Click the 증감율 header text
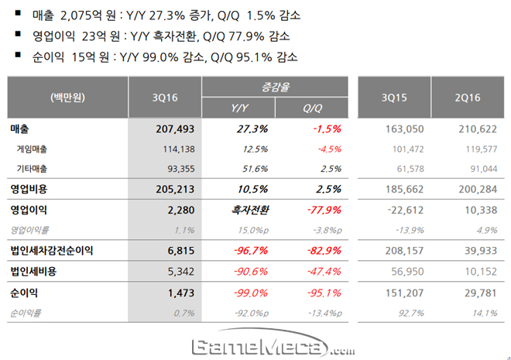point(273,87)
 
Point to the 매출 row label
point(20,128)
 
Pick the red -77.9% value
point(325,209)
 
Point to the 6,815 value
point(179,251)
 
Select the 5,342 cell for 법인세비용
point(179,272)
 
